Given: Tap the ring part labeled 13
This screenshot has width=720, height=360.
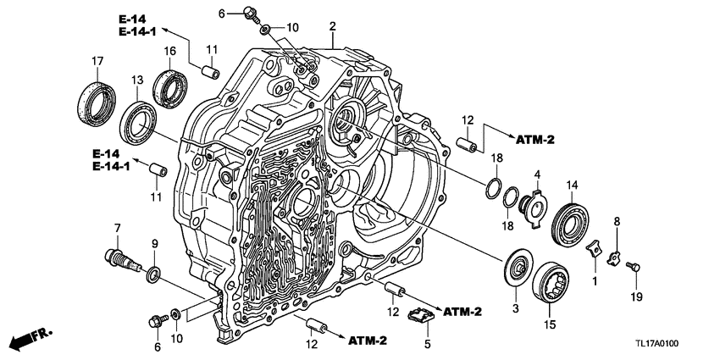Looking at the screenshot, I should pyautogui.click(x=137, y=119).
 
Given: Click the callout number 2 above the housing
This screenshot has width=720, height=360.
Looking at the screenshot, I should pyautogui.click(x=334, y=27).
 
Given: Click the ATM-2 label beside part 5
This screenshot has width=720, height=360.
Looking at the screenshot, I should pyautogui.click(x=462, y=312).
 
